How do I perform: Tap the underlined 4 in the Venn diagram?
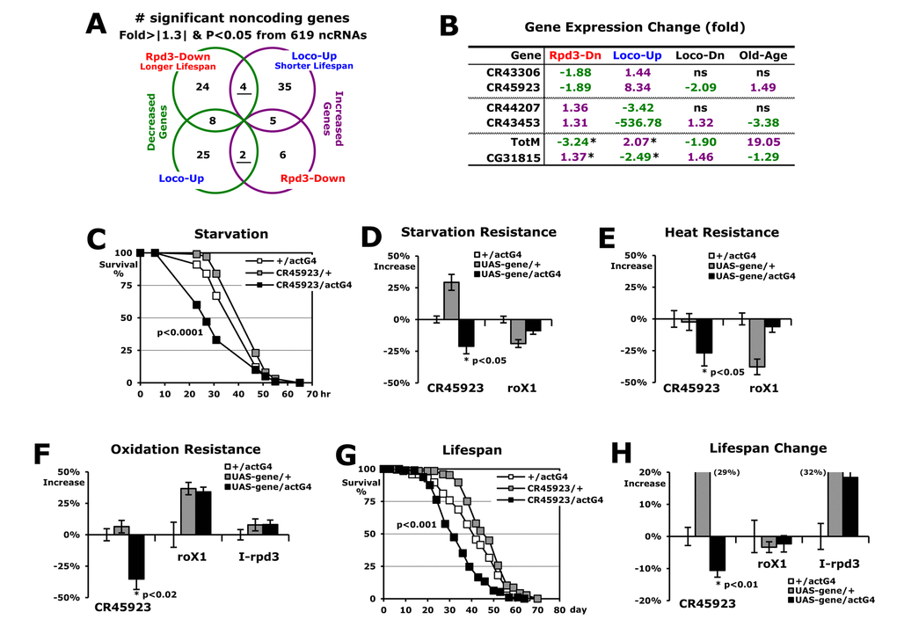tap(244, 86)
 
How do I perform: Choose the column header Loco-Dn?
tap(695, 55)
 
